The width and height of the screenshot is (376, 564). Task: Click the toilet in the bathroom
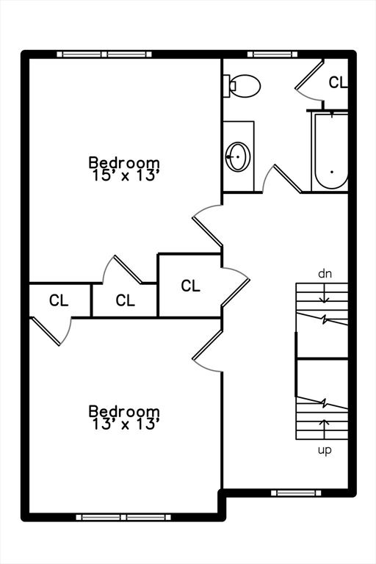[x=242, y=86]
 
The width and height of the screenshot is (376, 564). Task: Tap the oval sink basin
[x=238, y=156]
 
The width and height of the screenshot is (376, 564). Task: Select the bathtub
[x=330, y=151]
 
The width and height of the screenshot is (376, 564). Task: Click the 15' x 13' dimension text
[x=126, y=176]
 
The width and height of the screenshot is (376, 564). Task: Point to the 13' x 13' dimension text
[x=126, y=424]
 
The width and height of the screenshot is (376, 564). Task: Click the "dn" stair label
[x=325, y=274]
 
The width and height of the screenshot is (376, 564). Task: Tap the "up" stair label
[x=325, y=450]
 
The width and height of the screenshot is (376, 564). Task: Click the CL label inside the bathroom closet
[x=338, y=82]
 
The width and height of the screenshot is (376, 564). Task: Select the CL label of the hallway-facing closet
[x=190, y=286]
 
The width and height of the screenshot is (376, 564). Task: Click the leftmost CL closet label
[x=59, y=300]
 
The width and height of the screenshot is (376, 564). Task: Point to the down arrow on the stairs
[x=325, y=293]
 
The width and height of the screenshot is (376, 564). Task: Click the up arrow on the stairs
[x=325, y=429]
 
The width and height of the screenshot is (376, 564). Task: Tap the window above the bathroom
[x=272, y=54]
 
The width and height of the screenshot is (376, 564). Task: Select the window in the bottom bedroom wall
[x=123, y=517]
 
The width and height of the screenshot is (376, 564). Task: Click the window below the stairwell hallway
[x=296, y=493]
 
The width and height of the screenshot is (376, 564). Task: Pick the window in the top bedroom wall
[x=104, y=54]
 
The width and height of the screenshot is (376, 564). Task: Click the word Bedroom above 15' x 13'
[x=124, y=162]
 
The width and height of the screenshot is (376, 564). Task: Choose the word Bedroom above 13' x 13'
[x=124, y=411]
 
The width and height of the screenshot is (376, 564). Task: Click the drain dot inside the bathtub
[x=331, y=172]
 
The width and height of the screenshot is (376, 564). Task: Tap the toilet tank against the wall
[x=227, y=86]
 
